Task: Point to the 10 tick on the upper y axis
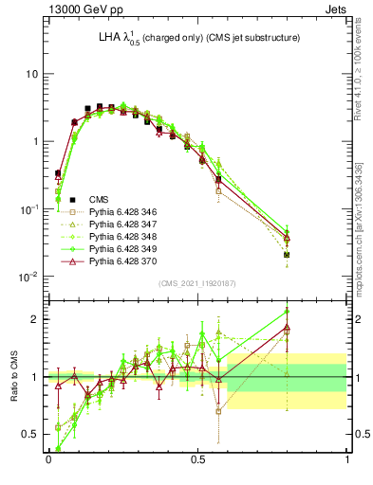point(31,74)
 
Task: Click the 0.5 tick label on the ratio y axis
point(29,434)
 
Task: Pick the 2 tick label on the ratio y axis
point(34,319)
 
